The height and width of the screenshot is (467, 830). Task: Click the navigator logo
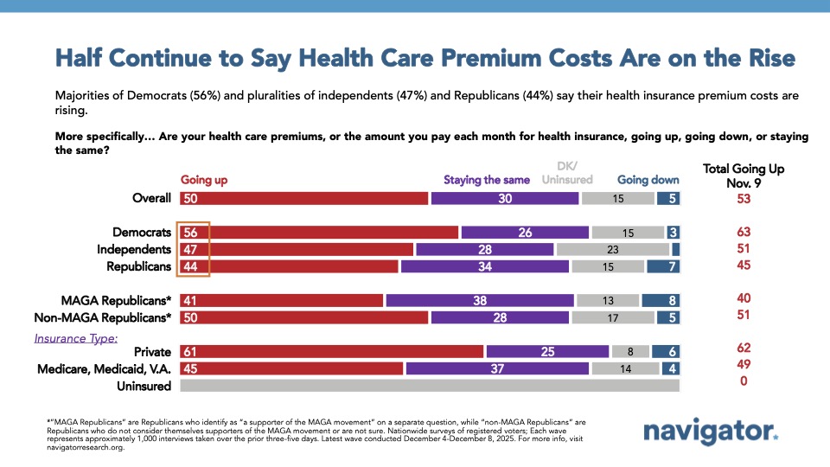[712, 432]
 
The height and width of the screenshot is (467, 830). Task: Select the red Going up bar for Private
[331, 351]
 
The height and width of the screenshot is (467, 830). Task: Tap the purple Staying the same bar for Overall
[505, 198]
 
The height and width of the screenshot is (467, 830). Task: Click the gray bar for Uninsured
[430, 386]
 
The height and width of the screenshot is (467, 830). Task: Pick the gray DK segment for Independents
[612, 249]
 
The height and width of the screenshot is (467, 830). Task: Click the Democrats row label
[142, 232]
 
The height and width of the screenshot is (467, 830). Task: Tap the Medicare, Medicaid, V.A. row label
[105, 369]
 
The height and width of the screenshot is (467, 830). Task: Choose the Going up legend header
[204, 180]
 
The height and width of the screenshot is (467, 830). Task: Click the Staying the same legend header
[487, 180]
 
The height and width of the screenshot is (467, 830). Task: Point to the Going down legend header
[648, 180]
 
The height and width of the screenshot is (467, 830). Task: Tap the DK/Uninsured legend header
[567, 174]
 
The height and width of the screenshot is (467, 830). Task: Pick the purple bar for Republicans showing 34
[485, 266]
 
